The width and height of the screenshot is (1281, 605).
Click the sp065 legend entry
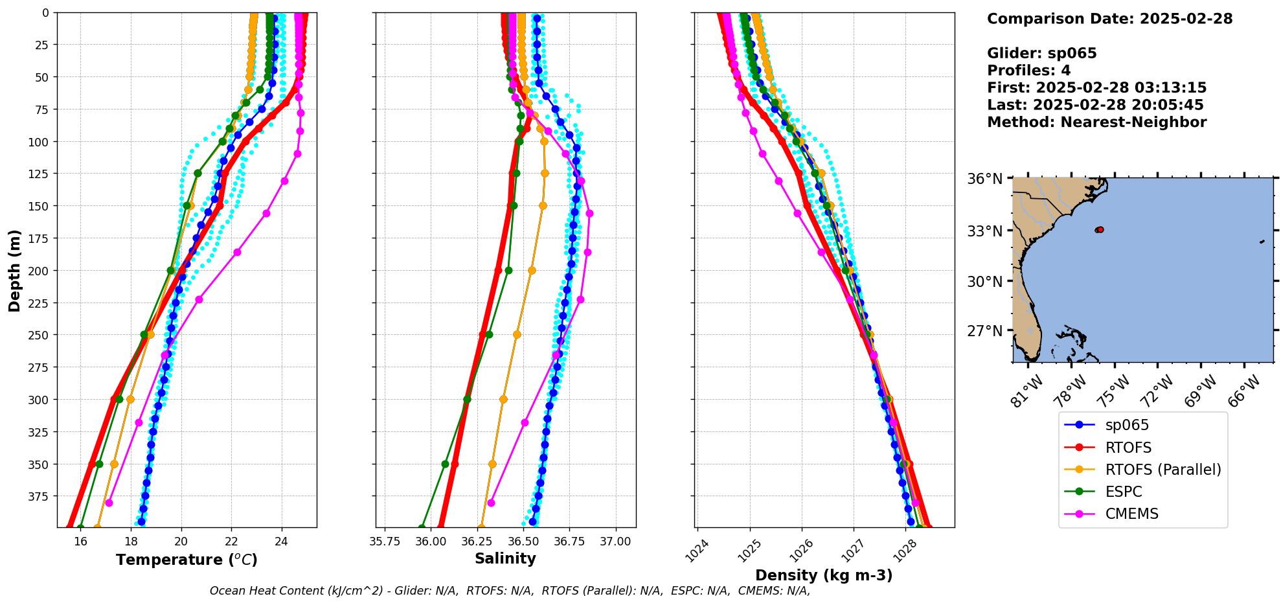point(1126,426)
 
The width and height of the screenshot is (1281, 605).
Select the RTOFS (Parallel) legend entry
point(1162,470)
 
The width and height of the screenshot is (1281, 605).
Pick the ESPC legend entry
point(1123,492)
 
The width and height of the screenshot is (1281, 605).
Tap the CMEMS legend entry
point(1131,514)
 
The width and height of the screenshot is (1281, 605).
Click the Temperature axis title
point(187,560)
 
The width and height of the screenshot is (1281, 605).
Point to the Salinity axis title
point(505,559)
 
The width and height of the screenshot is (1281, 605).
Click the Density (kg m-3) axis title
point(824,575)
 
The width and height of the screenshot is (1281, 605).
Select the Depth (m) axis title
point(15,270)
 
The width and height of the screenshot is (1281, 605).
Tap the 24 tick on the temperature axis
point(282,542)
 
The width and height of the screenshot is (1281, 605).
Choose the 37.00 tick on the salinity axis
point(615,542)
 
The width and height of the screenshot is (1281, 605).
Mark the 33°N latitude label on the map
point(985,231)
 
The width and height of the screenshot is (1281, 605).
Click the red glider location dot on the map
point(1100,230)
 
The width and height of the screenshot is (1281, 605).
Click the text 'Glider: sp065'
point(1041,53)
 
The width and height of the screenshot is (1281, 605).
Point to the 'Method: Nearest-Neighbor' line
point(1096,122)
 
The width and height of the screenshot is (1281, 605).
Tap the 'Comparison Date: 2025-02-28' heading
point(1109,19)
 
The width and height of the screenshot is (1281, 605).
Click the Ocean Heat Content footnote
point(510,591)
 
